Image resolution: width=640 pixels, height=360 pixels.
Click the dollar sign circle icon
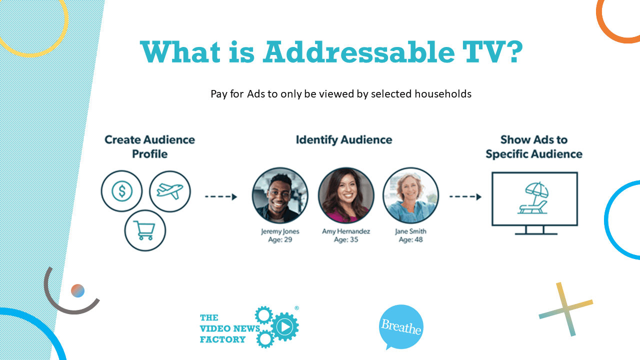pyautogui.click(x=121, y=191)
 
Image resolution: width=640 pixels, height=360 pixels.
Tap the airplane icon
pyautogui.click(x=170, y=190)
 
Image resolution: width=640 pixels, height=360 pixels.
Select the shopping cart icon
pyautogui.click(x=145, y=230)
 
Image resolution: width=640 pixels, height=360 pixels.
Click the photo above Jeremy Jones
pyautogui.click(x=280, y=195)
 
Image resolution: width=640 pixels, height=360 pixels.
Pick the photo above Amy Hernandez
pyautogui.click(x=345, y=195)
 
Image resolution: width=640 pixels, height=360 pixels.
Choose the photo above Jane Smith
pyautogui.click(x=410, y=195)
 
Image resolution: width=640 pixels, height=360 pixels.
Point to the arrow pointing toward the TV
pyautogui.click(x=465, y=197)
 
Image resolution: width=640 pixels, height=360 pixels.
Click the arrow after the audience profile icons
pyautogui.click(x=221, y=197)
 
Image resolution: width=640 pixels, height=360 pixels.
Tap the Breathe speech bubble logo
pyautogui.click(x=401, y=326)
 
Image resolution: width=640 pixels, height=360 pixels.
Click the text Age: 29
pyautogui.click(x=280, y=240)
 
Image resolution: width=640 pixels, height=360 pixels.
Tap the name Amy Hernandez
pyautogui.click(x=346, y=231)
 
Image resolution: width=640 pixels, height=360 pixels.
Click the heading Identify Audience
pyautogui.click(x=343, y=140)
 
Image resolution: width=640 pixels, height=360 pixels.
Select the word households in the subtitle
pyautogui.click(x=443, y=94)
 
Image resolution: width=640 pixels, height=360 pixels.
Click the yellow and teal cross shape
pyautogui.click(x=566, y=309)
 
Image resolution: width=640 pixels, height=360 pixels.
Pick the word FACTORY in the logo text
pyautogui.click(x=222, y=340)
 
